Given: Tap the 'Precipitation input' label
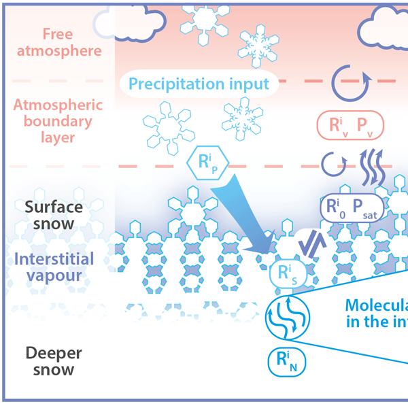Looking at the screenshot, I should click(x=199, y=84).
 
